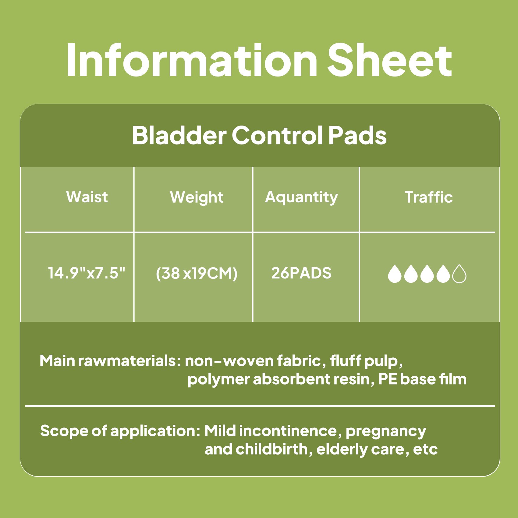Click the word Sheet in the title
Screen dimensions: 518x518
[389, 60]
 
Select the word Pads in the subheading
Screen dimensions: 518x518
[357, 135]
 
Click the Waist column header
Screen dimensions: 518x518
[87, 197]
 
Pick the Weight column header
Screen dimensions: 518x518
[197, 197]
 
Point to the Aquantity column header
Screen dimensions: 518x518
[301, 197]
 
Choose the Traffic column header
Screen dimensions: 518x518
[428, 197]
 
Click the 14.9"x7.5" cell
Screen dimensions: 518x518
[87, 273]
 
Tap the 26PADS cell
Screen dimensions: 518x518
[301, 273]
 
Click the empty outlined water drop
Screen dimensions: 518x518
[459, 274]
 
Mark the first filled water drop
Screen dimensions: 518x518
[394, 274]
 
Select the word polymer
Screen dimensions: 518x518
[218, 380]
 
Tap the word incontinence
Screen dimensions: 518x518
[288, 431]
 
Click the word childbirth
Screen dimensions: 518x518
[272, 449]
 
